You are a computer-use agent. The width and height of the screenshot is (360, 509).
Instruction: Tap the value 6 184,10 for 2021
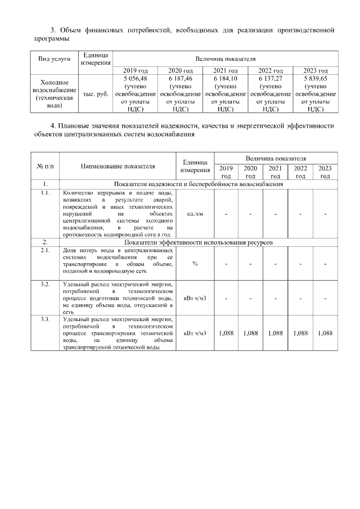point(225,79)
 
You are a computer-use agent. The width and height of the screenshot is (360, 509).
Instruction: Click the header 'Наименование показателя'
point(117,166)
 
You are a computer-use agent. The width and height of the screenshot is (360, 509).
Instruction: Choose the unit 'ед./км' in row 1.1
point(195,214)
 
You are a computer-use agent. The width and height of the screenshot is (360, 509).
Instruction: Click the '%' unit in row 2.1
point(195,264)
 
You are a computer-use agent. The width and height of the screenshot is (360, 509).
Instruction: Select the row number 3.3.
point(44,319)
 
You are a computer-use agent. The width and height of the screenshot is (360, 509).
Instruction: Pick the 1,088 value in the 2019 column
point(226,333)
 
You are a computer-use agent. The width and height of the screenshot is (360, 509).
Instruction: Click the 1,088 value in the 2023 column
point(325,333)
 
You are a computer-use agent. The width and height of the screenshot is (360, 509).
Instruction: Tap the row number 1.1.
point(44,193)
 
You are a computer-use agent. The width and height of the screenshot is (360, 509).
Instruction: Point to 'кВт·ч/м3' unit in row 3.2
point(195,298)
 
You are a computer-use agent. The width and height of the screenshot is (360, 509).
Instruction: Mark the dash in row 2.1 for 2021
point(275,264)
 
